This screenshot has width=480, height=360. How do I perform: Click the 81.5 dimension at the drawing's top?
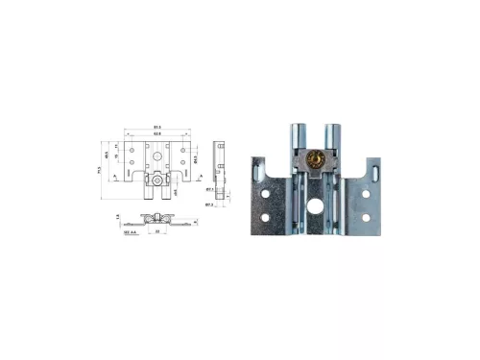(156, 128)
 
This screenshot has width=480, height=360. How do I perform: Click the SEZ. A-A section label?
(130, 231)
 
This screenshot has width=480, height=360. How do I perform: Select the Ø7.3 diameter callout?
(209, 204)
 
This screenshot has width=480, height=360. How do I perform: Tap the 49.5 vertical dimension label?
(107, 157)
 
